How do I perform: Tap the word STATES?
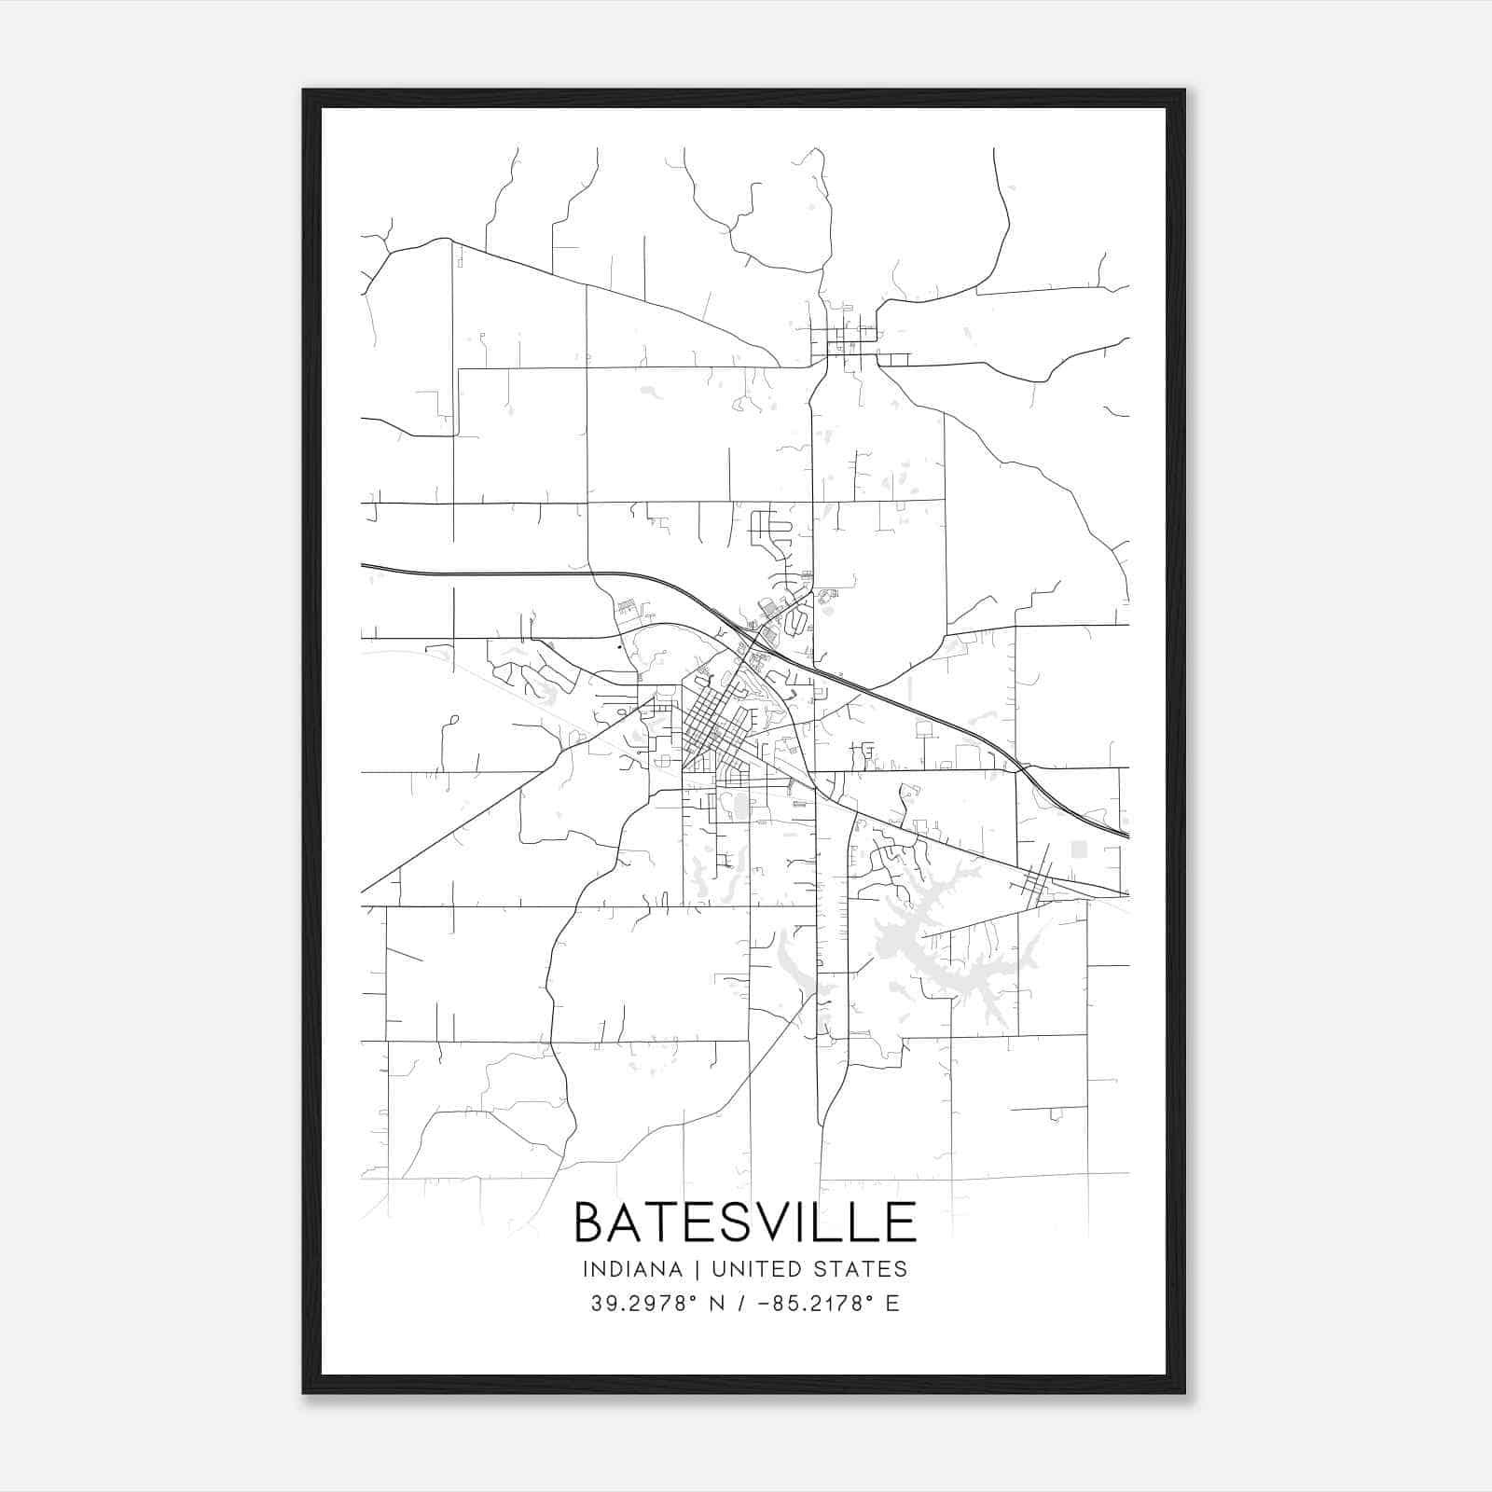tap(863, 1269)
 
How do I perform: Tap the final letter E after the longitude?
tap(893, 1304)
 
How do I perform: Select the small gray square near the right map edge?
tap(1079, 849)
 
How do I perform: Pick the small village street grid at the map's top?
tap(847, 336)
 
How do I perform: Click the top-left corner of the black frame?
tap(305, 91)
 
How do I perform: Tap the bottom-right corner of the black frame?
tap(1183, 1391)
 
